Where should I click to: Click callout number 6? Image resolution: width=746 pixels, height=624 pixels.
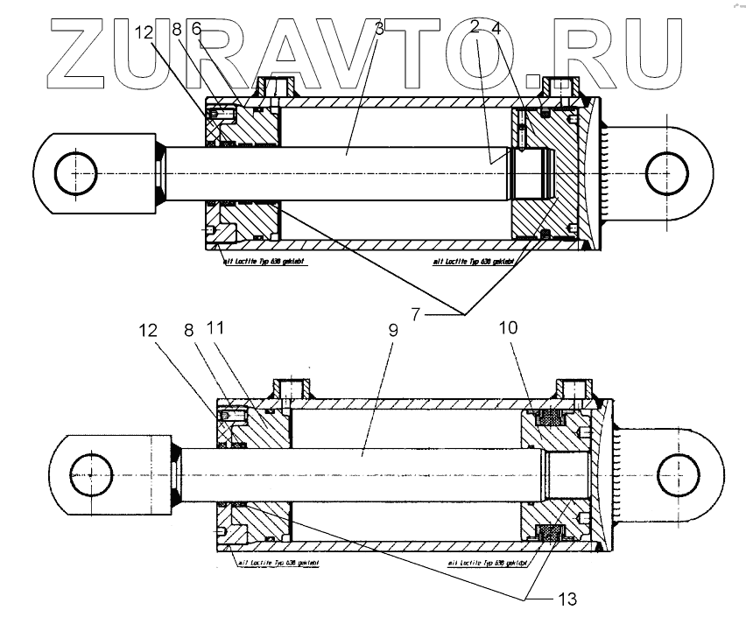[x=196, y=29]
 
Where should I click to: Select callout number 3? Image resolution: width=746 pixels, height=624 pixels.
[x=378, y=29]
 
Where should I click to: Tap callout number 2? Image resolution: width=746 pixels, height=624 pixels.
[x=475, y=29]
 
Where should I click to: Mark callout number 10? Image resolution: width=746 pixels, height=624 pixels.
[x=509, y=328]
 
